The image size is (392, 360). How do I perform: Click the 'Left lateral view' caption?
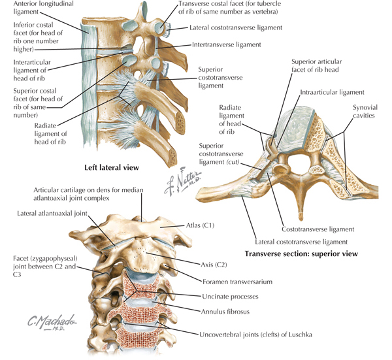coord(112,167)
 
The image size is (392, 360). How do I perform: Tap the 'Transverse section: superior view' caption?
coord(301,254)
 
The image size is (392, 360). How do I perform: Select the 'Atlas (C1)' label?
coord(201,225)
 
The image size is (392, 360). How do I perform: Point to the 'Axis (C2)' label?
coord(214,265)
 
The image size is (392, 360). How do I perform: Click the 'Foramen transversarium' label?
coord(237,282)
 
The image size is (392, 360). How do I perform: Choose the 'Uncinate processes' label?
coord(230,297)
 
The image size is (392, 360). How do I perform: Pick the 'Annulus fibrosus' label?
coord(225,312)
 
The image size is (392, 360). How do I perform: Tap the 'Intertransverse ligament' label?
coord(227,44)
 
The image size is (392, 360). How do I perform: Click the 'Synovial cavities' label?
coord(365,112)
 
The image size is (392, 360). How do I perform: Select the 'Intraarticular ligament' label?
coord(332,92)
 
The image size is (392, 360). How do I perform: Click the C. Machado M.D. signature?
coord(52,323)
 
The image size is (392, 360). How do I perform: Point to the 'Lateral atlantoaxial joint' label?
coord(52,213)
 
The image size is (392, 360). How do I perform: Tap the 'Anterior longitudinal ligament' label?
coord(44,8)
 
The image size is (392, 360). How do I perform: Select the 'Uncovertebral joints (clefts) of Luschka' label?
coord(255,335)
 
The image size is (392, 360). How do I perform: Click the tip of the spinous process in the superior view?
coord(301,219)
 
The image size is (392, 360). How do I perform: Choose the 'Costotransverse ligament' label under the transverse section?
coord(318,229)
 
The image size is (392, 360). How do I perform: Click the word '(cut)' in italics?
coord(233,162)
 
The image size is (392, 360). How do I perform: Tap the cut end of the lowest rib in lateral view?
coord(172,156)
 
